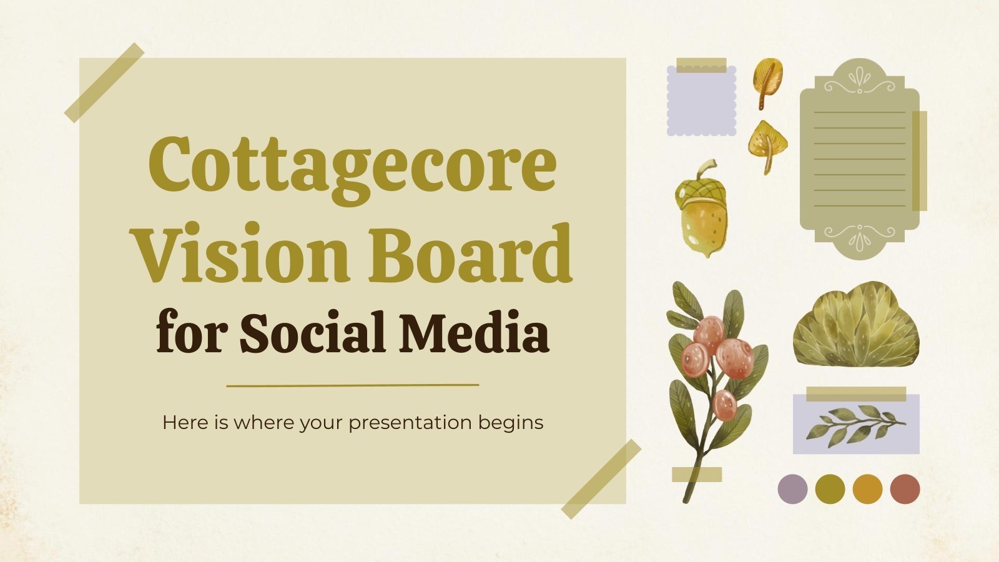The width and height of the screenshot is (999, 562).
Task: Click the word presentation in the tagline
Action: pos(410,423)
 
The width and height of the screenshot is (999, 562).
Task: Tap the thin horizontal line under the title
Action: pos(353,385)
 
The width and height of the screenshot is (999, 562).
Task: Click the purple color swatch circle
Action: pos(792,488)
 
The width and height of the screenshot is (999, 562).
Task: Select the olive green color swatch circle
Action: pos(830,488)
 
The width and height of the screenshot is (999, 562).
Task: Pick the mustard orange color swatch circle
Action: pos(867,488)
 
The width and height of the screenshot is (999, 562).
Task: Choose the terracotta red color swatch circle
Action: pos(905,488)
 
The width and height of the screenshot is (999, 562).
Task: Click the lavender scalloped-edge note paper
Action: pos(701,101)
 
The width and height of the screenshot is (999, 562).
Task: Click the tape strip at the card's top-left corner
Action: pos(104,82)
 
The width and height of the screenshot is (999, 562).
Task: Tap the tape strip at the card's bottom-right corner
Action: pos(601,478)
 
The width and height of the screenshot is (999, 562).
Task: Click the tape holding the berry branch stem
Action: pos(697,475)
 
